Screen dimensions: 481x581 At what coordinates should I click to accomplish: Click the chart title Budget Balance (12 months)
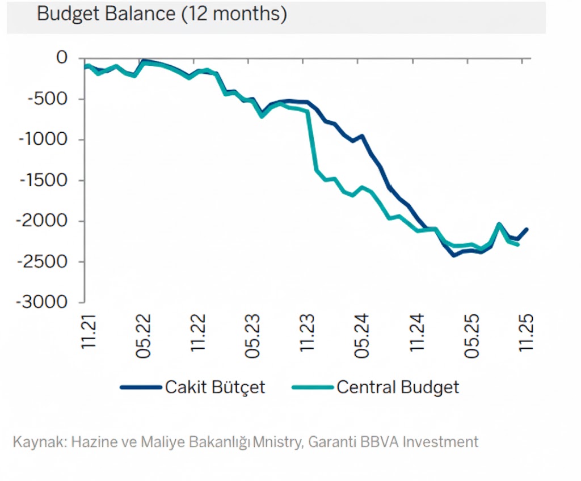(162, 14)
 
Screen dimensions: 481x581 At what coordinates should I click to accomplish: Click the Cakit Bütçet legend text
(215, 387)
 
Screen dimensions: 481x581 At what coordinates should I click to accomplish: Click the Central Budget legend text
(398, 387)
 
